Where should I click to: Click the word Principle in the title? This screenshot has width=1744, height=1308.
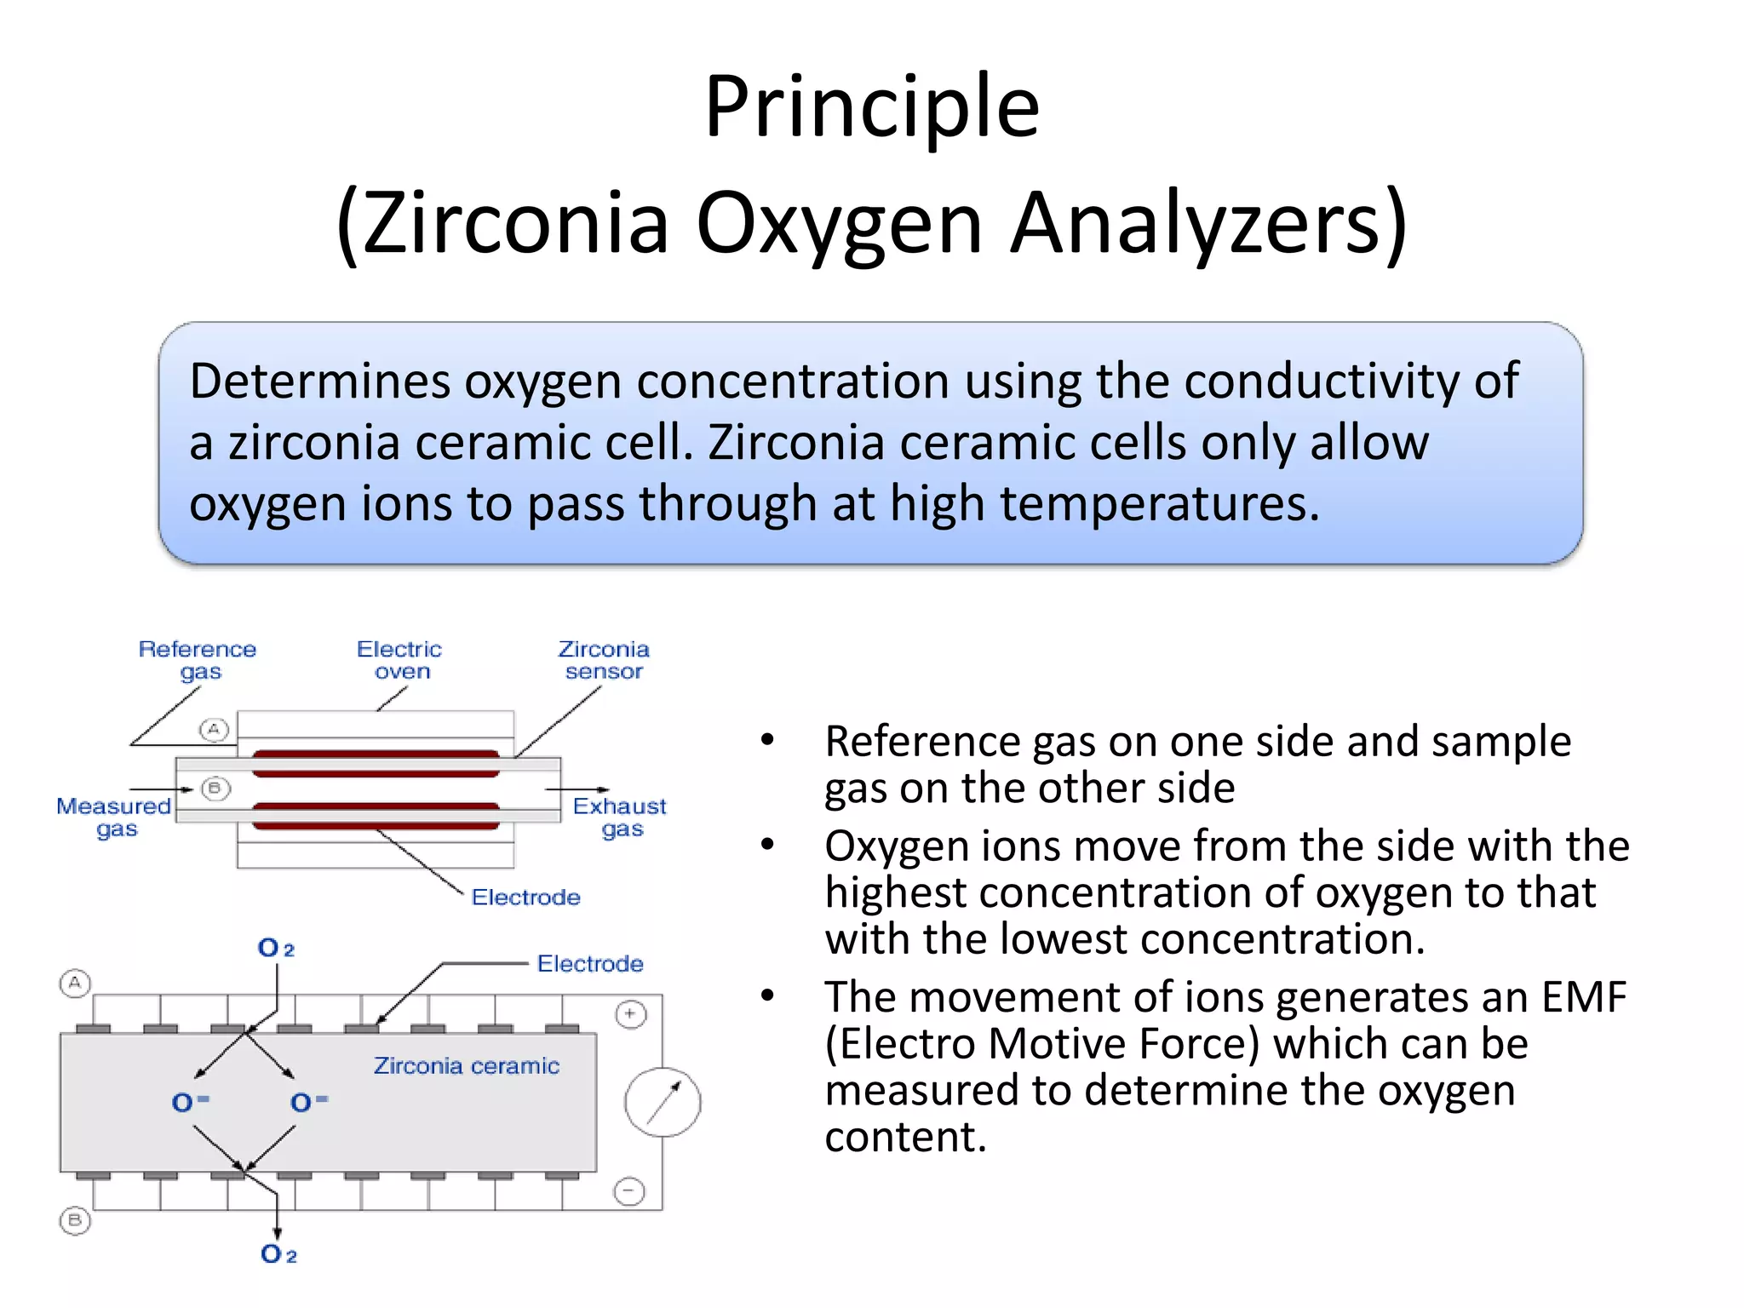pyautogui.click(x=872, y=109)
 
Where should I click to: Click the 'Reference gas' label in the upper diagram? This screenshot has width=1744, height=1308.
pyautogui.click(x=198, y=660)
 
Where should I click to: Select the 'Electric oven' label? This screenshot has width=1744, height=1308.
pyautogui.click(x=399, y=660)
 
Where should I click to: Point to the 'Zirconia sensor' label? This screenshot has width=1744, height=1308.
pyautogui.click(x=604, y=660)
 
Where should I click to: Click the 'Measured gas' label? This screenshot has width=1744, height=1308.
pyautogui.click(x=114, y=817)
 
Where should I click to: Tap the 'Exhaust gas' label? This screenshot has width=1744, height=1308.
pyautogui.click(x=620, y=817)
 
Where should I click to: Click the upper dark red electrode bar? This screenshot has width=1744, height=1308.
pyautogui.click(x=376, y=763)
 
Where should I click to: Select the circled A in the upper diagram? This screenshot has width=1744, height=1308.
pyautogui.click(x=214, y=730)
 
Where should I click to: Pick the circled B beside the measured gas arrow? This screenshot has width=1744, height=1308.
pyautogui.click(x=215, y=789)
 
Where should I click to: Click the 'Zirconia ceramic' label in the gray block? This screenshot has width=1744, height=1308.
pyautogui.click(x=467, y=1066)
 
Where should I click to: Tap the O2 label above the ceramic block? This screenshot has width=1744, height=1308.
pyautogui.click(x=276, y=949)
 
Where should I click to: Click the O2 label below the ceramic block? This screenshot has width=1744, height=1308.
pyautogui.click(x=278, y=1254)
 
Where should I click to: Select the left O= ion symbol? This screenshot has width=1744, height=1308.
pyautogui.click(x=190, y=1102)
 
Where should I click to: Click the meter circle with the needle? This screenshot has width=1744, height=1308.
pyautogui.click(x=663, y=1102)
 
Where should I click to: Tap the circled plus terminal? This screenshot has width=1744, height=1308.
pyautogui.click(x=630, y=1014)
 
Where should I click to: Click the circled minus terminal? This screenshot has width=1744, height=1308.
pyautogui.click(x=629, y=1190)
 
